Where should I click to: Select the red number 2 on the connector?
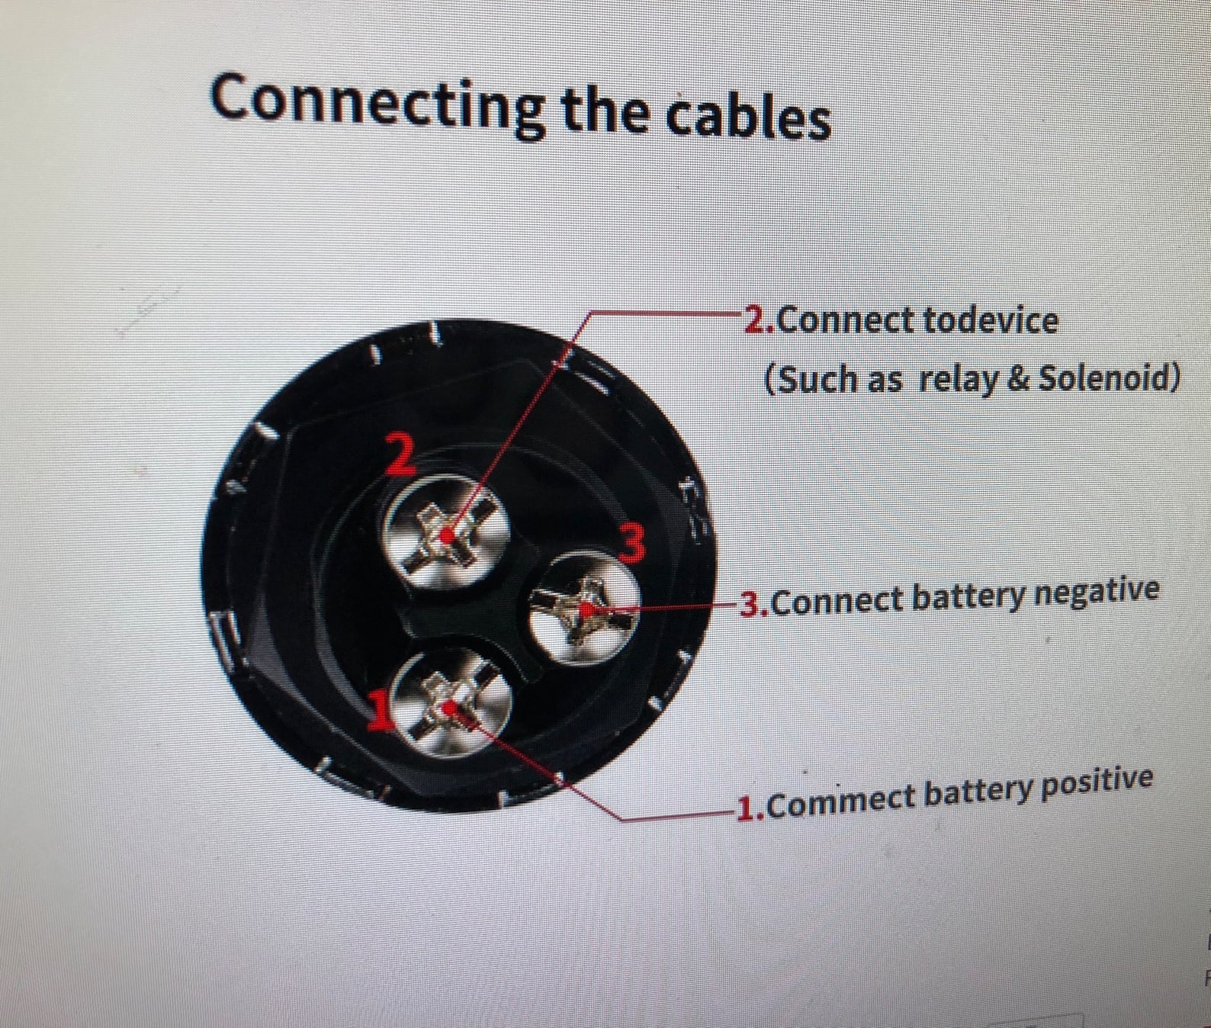pos(399,453)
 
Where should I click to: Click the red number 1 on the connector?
pos(380,708)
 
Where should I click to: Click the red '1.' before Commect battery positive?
pos(750,807)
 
